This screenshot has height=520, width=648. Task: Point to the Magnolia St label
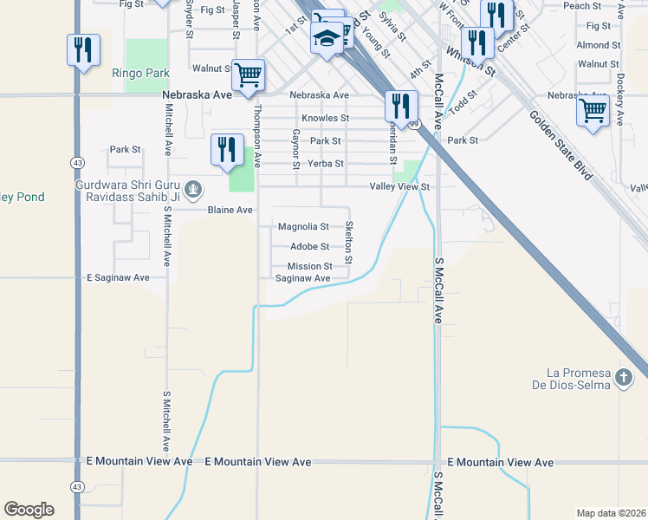click(x=303, y=227)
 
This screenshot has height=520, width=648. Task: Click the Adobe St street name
click(x=309, y=247)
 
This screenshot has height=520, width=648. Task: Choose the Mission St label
click(x=309, y=266)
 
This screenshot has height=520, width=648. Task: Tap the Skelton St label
click(x=349, y=242)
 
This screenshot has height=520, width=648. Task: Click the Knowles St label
click(x=325, y=118)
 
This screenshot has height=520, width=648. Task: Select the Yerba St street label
click(x=327, y=163)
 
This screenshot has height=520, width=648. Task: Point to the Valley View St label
click(x=399, y=186)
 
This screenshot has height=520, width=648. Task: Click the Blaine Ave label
click(x=230, y=210)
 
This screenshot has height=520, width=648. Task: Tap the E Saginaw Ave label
click(x=119, y=277)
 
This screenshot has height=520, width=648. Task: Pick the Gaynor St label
click(x=296, y=149)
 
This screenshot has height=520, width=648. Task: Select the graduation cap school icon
click(x=327, y=39)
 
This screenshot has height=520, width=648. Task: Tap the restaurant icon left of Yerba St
click(x=227, y=148)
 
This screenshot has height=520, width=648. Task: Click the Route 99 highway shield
click(x=414, y=125)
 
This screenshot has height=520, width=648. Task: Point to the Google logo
click(x=29, y=510)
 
